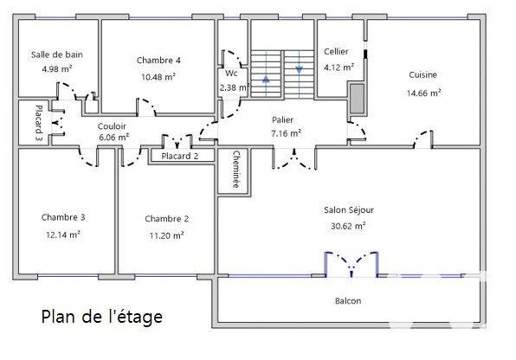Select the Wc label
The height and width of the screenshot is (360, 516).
pyautogui.click(x=230, y=74)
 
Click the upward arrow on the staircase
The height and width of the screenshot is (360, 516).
pyautogui.click(x=266, y=78)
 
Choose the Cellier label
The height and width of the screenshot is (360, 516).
pyautogui.click(x=336, y=52)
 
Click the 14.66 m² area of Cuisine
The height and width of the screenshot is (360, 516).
pyautogui.click(x=423, y=91)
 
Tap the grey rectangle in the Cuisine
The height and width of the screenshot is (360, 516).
pyautogui.click(x=357, y=98)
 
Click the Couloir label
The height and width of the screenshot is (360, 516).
pyautogui.click(x=113, y=124)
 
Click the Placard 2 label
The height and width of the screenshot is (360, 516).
pyautogui.click(x=180, y=156)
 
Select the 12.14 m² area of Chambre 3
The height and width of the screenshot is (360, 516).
pyautogui.click(x=63, y=234)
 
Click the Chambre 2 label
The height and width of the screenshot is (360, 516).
pyautogui.click(x=167, y=218)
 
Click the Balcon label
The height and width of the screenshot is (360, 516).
pyautogui.click(x=348, y=301)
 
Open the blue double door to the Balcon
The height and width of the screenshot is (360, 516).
pyautogui.click(x=352, y=263)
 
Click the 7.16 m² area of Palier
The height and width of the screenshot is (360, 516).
pyautogui.click(x=285, y=133)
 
